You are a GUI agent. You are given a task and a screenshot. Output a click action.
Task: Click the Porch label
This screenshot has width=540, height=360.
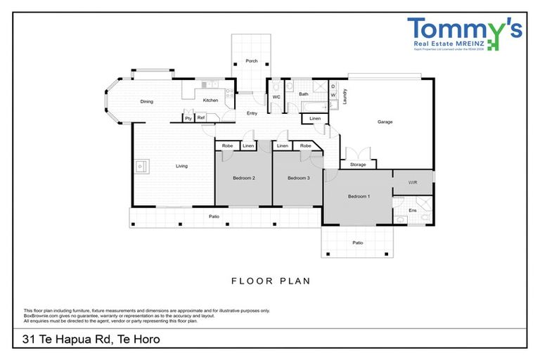tap(251, 62)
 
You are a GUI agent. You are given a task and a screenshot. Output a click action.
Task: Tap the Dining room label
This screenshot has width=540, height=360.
tap(146, 102)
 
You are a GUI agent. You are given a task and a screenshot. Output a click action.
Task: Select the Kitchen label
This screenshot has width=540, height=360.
tap(210, 101)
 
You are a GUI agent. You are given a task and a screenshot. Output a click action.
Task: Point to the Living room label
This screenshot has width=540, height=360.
tap(181, 166)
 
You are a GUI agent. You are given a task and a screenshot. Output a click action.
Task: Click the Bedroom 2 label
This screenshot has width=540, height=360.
tap(244, 178)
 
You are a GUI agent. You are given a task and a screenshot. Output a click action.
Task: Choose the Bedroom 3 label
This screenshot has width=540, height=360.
tap(298, 178)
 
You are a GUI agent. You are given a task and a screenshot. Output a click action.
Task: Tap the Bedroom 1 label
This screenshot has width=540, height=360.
tap(359, 196)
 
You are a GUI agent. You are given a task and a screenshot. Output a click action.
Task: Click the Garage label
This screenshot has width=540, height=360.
tap(385, 122)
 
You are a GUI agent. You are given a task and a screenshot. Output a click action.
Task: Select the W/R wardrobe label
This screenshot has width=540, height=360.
tap(413, 182)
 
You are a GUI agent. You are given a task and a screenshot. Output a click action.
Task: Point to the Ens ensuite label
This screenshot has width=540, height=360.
tap(413, 210)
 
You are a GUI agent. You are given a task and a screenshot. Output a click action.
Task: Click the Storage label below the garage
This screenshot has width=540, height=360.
tap(358, 165)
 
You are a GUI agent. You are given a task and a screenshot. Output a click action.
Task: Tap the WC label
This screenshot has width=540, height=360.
tap(276, 96)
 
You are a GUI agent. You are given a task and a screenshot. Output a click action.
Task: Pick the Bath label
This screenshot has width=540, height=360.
tap(304, 94)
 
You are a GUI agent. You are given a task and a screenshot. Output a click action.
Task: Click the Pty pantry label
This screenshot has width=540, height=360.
tap(188, 118)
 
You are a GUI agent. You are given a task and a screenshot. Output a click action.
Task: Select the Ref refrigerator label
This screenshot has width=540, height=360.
tap(200, 118)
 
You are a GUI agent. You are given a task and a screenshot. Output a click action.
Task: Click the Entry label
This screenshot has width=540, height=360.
tap(251, 113)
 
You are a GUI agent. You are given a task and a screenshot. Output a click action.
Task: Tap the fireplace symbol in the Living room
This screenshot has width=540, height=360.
tap(141, 167)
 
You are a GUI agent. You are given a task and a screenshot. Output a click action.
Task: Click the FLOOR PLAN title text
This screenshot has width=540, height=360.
tap(271, 281)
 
